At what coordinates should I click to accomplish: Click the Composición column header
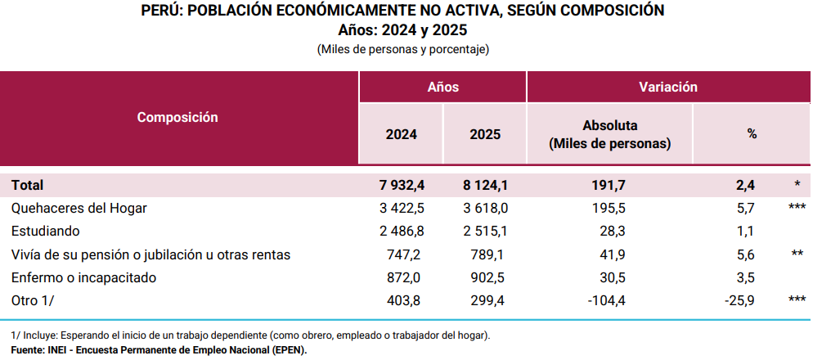tap(177, 117)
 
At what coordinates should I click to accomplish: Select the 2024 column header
tap(401, 134)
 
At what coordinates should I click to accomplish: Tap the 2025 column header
tap(485, 134)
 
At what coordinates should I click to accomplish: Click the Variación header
tap(667, 87)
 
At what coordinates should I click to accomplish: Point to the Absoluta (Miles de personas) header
tap(609, 134)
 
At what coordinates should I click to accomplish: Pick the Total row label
tap(27, 185)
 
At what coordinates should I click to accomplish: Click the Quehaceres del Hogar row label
tap(79, 208)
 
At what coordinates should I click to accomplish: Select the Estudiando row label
tap(46, 232)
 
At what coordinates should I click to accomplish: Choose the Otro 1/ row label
tap(34, 301)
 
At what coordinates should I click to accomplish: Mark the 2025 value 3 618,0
tap(483, 208)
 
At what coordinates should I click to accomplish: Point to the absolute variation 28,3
tap(611, 232)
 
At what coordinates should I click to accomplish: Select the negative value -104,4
tap(606, 301)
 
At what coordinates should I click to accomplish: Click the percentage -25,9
tap(739, 301)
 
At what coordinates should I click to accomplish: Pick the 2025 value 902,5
tap(487, 277)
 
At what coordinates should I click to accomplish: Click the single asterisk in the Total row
tap(796, 185)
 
